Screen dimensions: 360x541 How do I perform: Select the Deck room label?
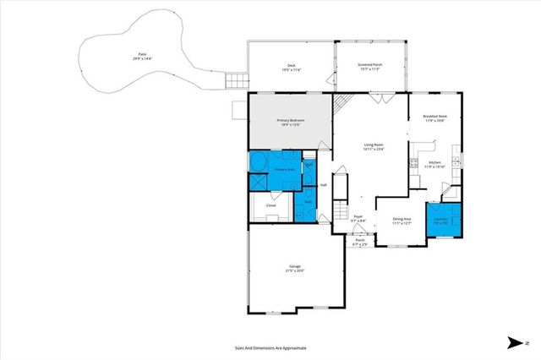290,67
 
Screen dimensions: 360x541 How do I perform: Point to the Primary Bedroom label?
289,120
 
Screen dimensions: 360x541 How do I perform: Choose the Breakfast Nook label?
435,117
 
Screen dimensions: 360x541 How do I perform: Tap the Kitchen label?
434,161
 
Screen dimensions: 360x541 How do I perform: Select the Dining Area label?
402,219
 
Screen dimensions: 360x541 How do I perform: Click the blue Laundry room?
441,220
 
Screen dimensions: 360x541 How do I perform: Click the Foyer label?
358,216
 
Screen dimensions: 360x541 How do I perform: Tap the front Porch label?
360,240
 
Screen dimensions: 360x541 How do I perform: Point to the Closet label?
271,205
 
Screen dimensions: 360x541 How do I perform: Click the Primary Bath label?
284,169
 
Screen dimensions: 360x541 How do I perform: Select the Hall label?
323,184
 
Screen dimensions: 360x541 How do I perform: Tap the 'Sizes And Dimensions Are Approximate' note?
270,347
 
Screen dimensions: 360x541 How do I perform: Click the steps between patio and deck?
233,81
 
